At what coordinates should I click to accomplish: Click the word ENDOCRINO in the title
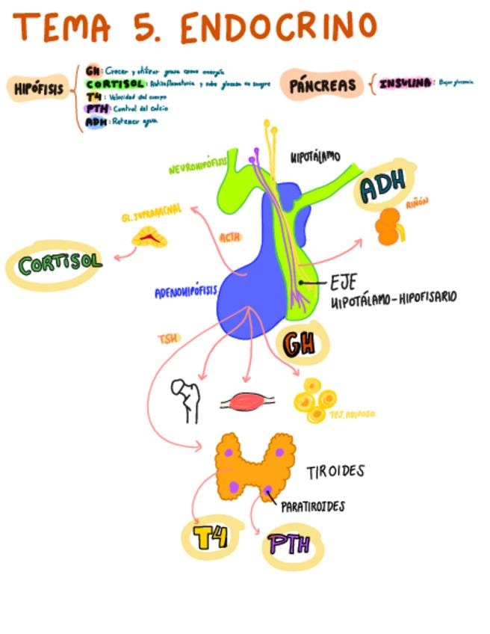[x=278, y=28]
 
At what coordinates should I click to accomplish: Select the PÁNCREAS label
[x=323, y=84]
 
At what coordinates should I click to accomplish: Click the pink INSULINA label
[x=406, y=84]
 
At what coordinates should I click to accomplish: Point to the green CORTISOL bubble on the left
[x=51, y=264]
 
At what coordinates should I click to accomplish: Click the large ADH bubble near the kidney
[x=382, y=188]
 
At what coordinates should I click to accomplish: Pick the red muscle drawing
[x=246, y=402]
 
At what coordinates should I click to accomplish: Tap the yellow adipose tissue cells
[x=314, y=398]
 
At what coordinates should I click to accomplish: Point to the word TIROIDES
[x=335, y=472]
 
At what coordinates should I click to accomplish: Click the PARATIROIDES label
[x=313, y=506]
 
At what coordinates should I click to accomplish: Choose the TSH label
[x=168, y=339]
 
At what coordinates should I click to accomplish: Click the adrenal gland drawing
[x=149, y=238]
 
